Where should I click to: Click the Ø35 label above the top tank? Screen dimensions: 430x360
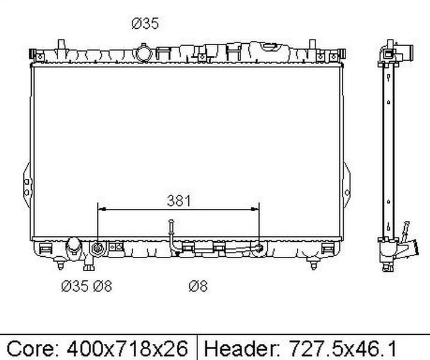145,23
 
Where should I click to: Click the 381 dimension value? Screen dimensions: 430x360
179,201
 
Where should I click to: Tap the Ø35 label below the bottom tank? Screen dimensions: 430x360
75,286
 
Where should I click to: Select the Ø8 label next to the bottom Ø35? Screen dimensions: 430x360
103,286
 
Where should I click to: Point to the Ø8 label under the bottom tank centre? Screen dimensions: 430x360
198,286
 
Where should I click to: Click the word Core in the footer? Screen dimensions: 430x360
31,349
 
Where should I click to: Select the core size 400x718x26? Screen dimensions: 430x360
128,349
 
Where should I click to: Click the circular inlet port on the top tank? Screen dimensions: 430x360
144,53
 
